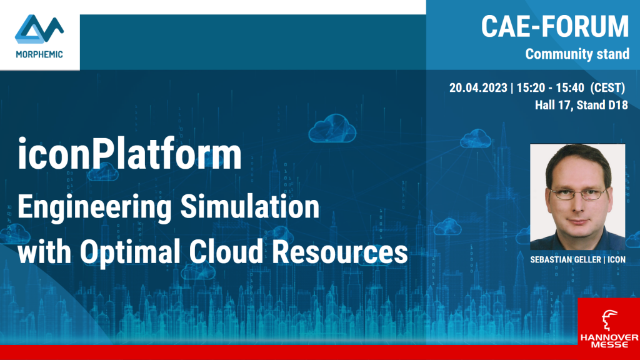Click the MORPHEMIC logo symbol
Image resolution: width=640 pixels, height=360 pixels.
(x=39, y=29)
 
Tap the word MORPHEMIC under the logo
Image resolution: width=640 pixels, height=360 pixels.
(x=39, y=54)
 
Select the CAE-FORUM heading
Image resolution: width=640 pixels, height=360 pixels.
(x=555, y=26)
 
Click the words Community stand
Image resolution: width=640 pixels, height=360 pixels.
(x=577, y=54)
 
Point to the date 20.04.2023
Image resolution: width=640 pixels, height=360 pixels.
(x=478, y=87)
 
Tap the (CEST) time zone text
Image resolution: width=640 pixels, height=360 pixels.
(x=607, y=87)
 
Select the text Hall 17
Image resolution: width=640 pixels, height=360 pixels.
(x=553, y=105)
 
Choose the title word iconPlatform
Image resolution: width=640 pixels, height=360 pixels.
(x=129, y=154)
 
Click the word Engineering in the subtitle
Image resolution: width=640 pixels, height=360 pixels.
(x=95, y=207)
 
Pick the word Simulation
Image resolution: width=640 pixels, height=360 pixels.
(x=250, y=206)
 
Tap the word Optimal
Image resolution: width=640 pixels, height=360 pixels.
(x=130, y=252)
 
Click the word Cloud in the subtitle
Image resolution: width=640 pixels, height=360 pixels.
(x=226, y=251)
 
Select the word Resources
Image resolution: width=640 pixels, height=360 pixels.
(x=340, y=252)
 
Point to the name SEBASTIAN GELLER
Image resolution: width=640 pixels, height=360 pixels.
(x=565, y=259)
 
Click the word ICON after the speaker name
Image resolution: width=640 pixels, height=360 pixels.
(x=616, y=259)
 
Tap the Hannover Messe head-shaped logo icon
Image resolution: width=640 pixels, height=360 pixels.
(x=609, y=319)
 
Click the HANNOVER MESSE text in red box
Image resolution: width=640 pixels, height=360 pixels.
(x=609, y=341)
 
